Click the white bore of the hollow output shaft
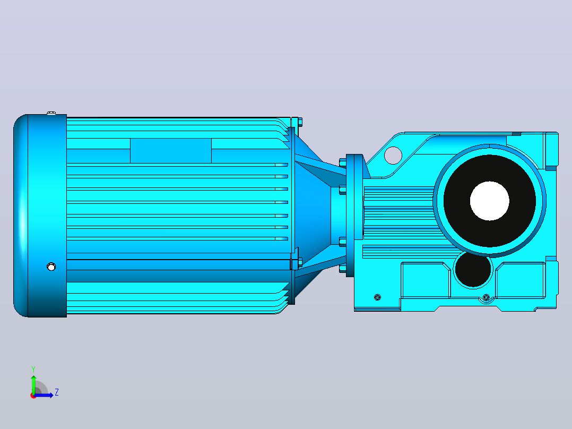pyautogui.click(x=490, y=201)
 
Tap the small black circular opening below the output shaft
pyautogui.click(x=473, y=269)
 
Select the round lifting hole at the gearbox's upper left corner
pyautogui.click(x=393, y=155)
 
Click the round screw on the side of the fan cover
pyautogui.click(x=51, y=267)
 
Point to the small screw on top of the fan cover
pyautogui.click(x=51, y=113)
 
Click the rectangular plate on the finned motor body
pyautogui.click(x=171, y=150)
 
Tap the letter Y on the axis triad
pyautogui.click(x=33, y=369)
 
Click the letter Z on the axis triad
pyautogui.click(x=57, y=392)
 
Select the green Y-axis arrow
pyautogui.click(x=33, y=384)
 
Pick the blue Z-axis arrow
pyautogui.click(x=44, y=395)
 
